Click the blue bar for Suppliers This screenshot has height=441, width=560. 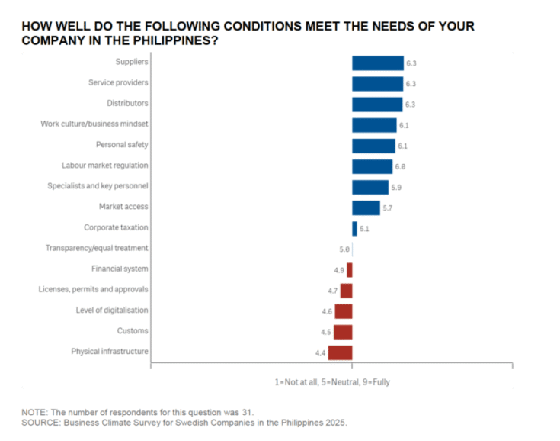point(377,63)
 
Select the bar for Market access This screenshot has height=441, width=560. point(366,208)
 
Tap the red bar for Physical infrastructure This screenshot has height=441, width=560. point(341,352)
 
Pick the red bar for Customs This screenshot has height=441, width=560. point(343,331)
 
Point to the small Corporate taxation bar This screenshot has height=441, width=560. point(354,228)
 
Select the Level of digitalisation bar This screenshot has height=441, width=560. point(344,311)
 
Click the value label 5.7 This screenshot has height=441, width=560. point(388,208)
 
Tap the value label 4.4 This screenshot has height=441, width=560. point(321,352)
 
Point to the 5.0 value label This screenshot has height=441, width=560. point(344,249)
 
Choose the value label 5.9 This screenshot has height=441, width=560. point(396,187)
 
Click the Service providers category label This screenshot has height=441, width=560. point(118,82)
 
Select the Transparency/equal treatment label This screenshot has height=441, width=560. point(97,248)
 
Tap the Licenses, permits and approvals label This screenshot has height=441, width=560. point(94,289)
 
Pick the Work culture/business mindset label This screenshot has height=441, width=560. point(94,124)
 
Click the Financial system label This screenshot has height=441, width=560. point(120,269)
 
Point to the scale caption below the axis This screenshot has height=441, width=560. point(332,381)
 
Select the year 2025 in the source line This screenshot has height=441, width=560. point(334,421)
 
